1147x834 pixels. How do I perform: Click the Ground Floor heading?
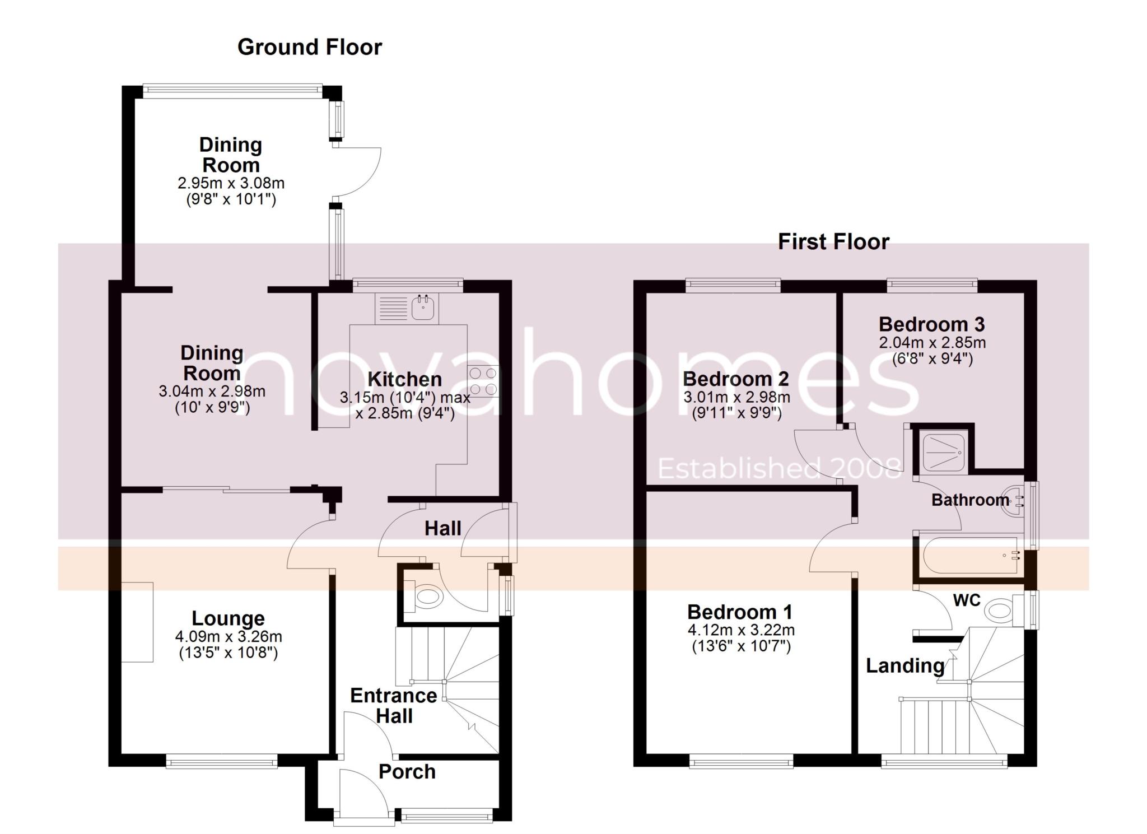pyautogui.click(x=309, y=47)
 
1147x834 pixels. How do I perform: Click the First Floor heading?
pyautogui.click(x=833, y=242)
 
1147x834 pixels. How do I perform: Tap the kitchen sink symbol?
pyautogui.click(x=423, y=307)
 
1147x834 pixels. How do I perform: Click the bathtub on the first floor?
pyautogui.click(x=967, y=555)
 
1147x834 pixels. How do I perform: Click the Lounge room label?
pyautogui.click(x=228, y=618)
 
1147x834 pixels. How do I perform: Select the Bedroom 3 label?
pyautogui.click(x=931, y=324)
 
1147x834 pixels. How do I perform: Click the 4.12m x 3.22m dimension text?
pyautogui.click(x=740, y=630)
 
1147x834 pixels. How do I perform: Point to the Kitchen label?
pyautogui.click(x=404, y=379)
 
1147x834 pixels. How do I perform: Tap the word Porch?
pyautogui.click(x=407, y=772)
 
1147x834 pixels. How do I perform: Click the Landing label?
pyautogui.click(x=905, y=665)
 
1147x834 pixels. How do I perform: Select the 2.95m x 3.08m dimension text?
pyautogui.click(x=231, y=183)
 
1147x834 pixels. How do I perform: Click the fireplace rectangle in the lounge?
pyautogui.click(x=137, y=622)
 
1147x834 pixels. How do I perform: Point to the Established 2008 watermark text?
pyautogui.click(x=778, y=468)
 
